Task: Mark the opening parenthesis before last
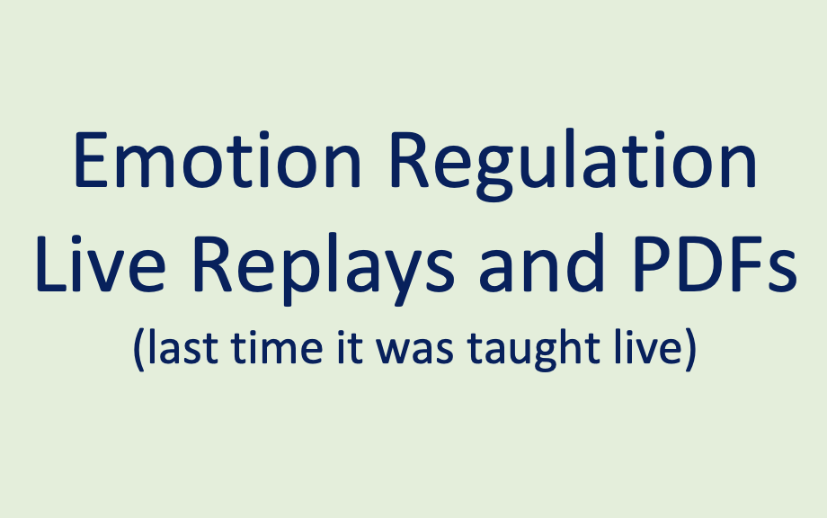[x=138, y=348]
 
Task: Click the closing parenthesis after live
[x=689, y=348]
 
